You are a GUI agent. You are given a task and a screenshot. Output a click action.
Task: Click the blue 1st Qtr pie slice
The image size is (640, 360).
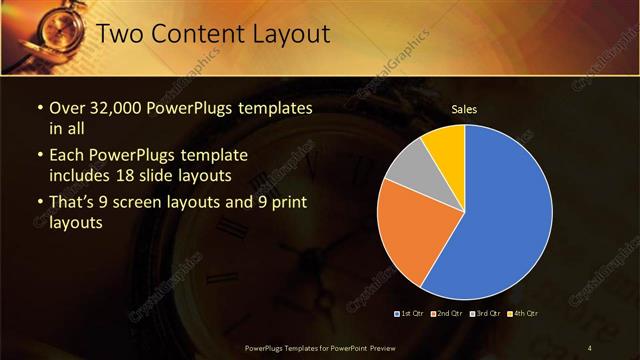click(x=505, y=215)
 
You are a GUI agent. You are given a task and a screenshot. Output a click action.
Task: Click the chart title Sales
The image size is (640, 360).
click(x=463, y=108)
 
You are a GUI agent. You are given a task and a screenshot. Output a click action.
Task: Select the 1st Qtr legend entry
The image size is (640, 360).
click(x=409, y=314)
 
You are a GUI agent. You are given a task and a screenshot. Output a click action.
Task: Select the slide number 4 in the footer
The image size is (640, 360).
click(x=590, y=347)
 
